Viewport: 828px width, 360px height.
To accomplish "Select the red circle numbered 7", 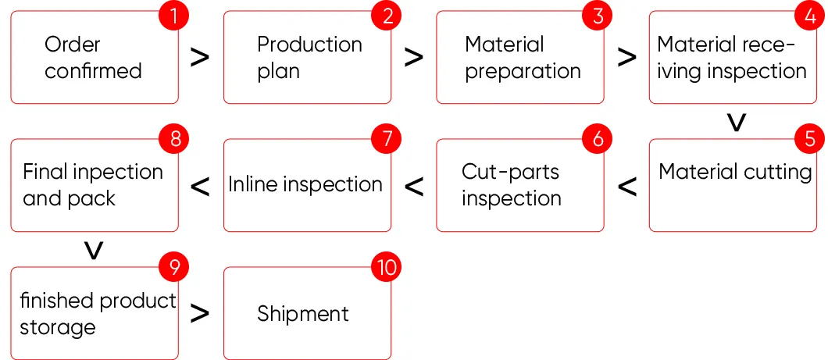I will [386, 139].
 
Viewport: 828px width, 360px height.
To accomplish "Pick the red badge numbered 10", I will [386, 268].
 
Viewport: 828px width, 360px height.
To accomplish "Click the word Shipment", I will [303, 314].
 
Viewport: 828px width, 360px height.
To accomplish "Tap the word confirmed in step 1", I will [93, 71].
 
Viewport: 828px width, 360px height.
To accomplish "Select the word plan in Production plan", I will [279, 71].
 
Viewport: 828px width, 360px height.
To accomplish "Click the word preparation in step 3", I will [523, 71].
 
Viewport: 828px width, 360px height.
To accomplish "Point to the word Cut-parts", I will [510, 172].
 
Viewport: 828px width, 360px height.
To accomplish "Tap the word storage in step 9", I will [58, 326].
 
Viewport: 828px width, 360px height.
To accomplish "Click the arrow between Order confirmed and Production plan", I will [201, 57].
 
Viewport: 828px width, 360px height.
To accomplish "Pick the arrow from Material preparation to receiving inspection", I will [626, 57].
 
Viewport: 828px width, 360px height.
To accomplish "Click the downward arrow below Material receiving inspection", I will [736, 123].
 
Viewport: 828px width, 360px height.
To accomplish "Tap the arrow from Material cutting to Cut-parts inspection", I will [626, 186].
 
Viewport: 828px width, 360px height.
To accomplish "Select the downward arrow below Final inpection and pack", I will [94, 251].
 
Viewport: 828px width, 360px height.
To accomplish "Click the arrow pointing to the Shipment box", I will [201, 313].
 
